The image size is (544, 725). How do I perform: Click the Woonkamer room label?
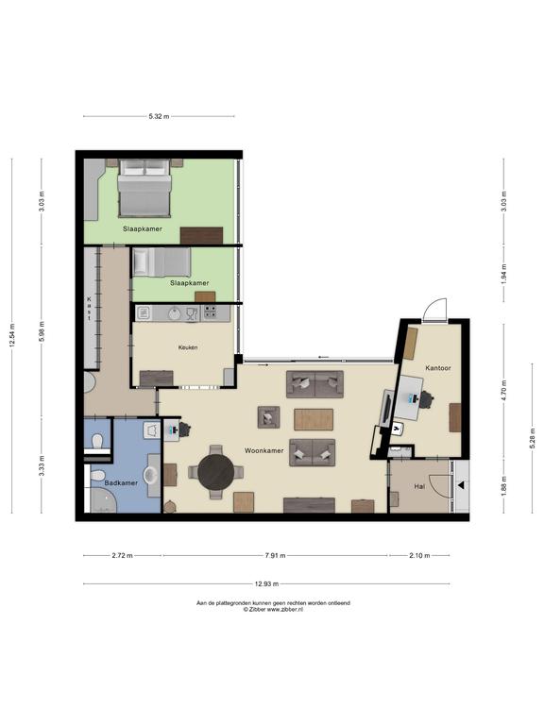click(264, 450)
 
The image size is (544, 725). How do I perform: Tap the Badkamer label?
click(121, 482)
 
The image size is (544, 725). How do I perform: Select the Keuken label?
click(188, 347)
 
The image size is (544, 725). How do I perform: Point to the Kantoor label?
click(438, 368)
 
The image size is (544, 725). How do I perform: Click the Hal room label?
click(419, 486)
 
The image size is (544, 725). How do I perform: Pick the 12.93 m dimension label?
click(267, 584)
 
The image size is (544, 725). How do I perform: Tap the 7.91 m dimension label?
click(275, 556)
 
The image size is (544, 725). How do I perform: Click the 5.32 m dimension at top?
click(159, 116)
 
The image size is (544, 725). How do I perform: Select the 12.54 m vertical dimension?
click(12, 335)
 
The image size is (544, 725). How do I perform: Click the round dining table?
click(216, 472)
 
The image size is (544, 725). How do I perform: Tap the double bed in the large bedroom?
click(144, 188)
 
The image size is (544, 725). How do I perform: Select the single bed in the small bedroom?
click(161, 262)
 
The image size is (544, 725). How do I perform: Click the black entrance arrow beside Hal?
click(461, 485)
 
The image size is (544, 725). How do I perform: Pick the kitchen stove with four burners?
click(210, 312)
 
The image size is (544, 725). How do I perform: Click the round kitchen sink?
click(175, 314)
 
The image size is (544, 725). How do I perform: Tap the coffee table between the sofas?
click(314, 419)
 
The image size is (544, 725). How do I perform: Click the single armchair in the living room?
click(269, 417)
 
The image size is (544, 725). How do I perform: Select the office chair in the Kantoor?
click(426, 400)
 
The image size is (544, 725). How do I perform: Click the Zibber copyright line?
click(273, 610)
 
